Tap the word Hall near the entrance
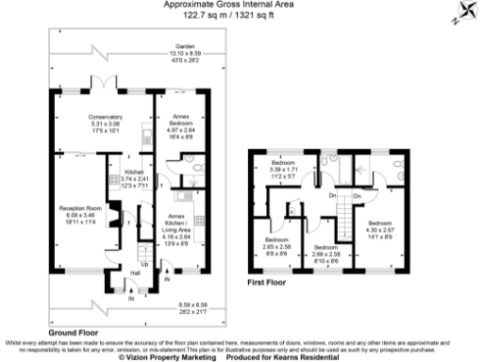click(x=135, y=273)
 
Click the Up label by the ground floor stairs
click(x=143, y=264)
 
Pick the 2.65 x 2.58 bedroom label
click(x=277, y=244)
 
